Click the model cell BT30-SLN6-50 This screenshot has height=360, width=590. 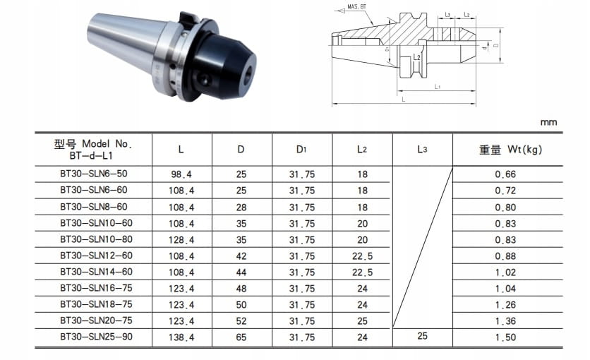point(94,174)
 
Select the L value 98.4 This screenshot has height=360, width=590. point(181,174)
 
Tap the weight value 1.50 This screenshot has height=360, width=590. point(505,337)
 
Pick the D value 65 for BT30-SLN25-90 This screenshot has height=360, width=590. point(241,337)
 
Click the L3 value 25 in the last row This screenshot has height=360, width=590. point(422,336)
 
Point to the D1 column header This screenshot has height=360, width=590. point(301,150)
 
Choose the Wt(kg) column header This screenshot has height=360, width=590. point(511,150)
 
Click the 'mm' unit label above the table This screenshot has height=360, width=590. point(548,123)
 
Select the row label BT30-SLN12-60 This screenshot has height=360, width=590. point(96,256)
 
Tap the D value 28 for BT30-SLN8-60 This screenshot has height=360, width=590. point(241,208)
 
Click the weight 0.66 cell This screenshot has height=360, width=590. point(505,174)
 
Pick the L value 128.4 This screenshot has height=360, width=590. point(181,240)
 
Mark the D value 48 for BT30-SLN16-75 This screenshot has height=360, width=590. point(241,289)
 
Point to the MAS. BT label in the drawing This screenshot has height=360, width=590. point(356,7)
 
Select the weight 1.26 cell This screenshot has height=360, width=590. point(505,305)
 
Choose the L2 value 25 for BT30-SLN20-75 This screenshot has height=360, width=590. point(362,321)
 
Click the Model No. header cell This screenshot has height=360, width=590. point(93,150)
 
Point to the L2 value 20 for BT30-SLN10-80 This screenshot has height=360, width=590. point(362,240)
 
